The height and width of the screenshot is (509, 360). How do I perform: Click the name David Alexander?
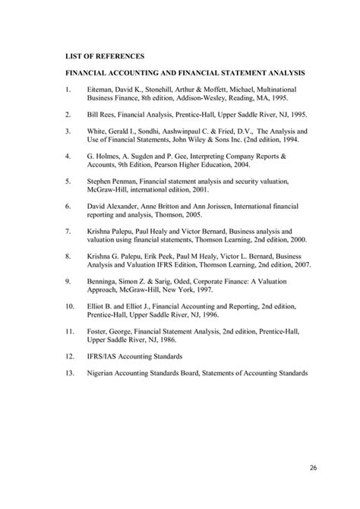[113, 206]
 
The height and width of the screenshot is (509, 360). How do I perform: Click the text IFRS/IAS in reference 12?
[103, 356]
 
